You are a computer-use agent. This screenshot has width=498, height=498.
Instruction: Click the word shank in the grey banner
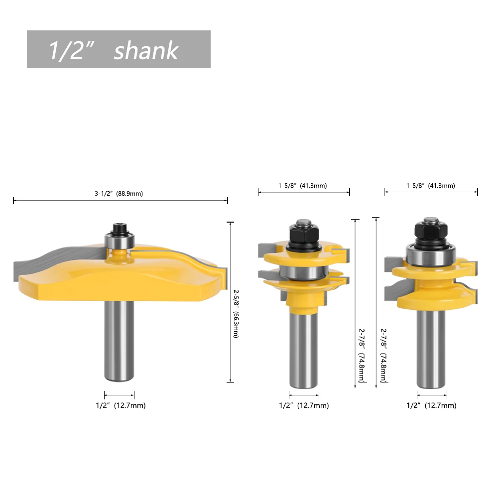coord(146,50)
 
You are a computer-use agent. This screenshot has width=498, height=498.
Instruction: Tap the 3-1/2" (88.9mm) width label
coord(119,193)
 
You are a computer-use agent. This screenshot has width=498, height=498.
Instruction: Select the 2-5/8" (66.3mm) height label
coord(236,313)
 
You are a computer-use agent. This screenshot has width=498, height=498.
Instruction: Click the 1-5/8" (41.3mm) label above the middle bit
coord(303,185)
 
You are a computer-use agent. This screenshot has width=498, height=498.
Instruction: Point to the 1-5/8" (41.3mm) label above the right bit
coord(431,185)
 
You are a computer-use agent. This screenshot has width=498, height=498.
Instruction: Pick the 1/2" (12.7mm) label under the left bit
coord(121,405)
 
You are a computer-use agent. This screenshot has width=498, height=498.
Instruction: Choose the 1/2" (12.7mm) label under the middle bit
coord(304,405)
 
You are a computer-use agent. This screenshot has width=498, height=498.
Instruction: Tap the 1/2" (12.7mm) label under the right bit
coord(432,405)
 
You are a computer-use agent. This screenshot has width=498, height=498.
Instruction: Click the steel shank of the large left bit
coord(119,340)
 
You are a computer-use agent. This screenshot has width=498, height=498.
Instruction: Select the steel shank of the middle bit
coord(304,350)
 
